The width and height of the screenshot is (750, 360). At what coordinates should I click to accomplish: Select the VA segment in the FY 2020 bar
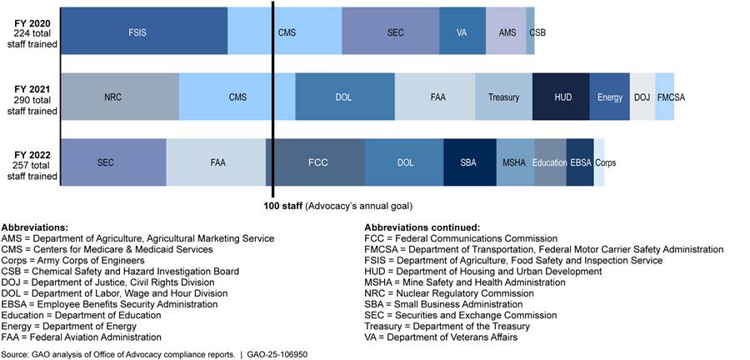click(x=462, y=32)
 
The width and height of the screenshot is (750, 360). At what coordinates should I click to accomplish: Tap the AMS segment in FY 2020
click(x=507, y=32)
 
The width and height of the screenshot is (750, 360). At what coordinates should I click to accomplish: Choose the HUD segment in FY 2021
click(x=562, y=97)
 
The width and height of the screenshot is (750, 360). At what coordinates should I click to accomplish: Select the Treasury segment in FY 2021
click(x=503, y=97)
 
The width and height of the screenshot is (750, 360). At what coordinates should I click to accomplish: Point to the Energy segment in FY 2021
click(x=610, y=97)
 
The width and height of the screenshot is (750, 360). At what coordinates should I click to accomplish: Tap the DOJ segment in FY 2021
click(x=642, y=97)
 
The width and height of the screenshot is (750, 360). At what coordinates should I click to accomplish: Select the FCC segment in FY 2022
click(x=316, y=162)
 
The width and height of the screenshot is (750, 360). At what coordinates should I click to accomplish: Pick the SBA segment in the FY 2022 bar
click(x=467, y=162)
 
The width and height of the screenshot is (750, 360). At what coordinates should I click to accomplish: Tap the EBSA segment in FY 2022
click(x=580, y=162)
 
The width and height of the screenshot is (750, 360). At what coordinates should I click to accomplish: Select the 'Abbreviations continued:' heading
click(x=421, y=227)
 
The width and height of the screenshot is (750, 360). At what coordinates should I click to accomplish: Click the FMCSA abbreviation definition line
click(x=543, y=249)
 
